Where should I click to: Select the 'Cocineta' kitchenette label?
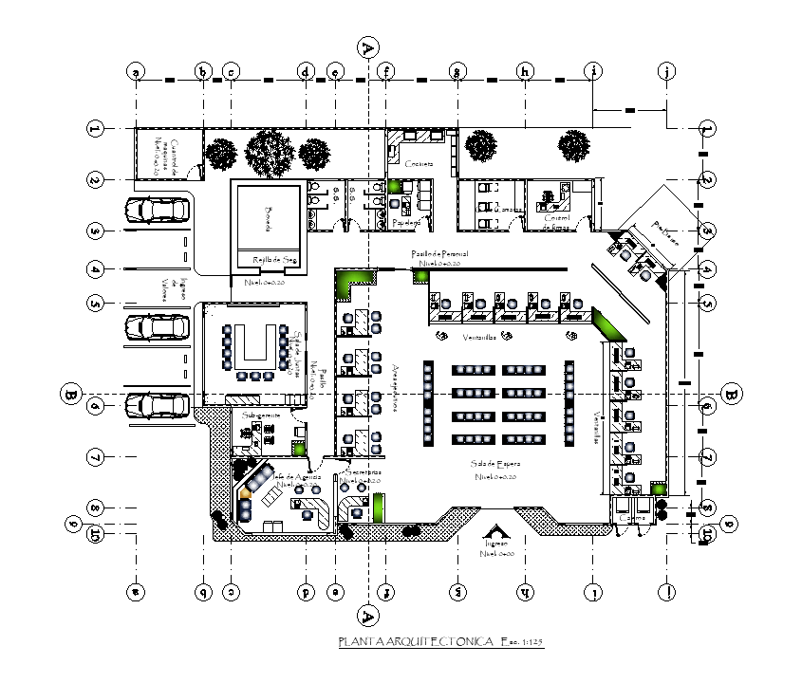[418, 164]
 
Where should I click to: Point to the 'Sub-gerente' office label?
[260, 415]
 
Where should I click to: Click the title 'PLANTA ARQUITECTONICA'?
[416, 643]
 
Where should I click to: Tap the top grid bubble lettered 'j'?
[667, 71]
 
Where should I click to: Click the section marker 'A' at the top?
[368, 46]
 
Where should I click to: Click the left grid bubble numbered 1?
[94, 128]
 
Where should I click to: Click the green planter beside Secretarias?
[381, 507]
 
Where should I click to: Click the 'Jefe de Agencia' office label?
[297, 477]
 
